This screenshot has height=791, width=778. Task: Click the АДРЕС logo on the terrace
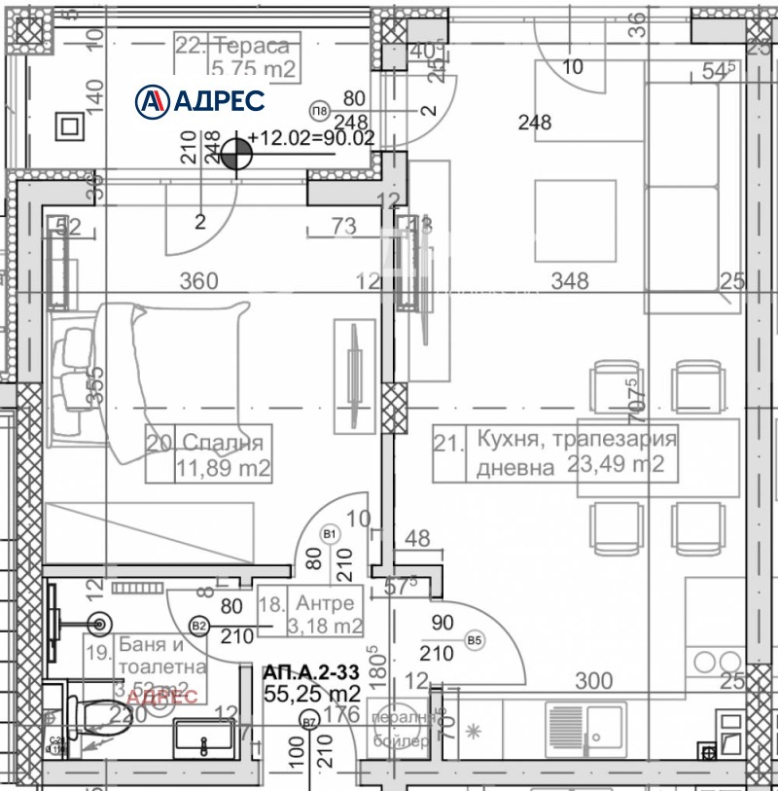point(199,99)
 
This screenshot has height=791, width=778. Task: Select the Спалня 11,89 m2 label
point(208,453)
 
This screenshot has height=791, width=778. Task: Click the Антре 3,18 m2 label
point(310,614)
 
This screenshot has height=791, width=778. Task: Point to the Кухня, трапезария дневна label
point(555,452)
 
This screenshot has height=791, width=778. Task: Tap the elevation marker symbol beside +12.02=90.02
point(234,153)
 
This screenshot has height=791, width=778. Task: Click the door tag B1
point(330,534)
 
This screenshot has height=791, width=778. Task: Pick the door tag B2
point(199,626)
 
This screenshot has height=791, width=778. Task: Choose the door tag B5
point(475,640)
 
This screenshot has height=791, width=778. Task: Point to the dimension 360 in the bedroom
point(198,281)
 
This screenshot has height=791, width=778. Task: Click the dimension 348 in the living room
point(570,281)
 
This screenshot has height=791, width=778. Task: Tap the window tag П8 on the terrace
point(319,109)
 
